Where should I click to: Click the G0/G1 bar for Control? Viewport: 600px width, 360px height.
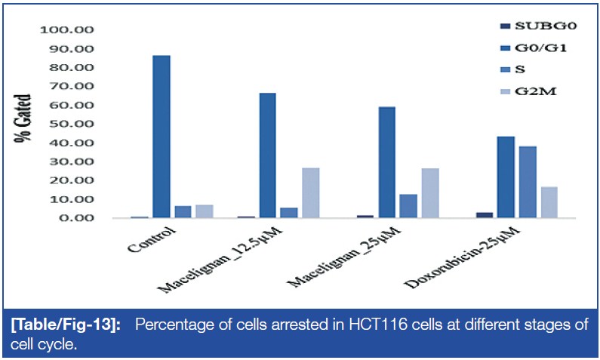pyautogui.click(x=161, y=137)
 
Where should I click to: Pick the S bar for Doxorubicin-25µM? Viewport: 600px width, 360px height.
pyautogui.click(x=528, y=182)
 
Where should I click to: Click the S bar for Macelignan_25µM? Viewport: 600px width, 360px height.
pyautogui.click(x=408, y=206)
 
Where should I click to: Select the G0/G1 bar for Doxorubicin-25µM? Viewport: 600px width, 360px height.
pyautogui.click(x=506, y=177)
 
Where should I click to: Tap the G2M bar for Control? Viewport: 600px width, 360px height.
pyautogui.click(x=204, y=211)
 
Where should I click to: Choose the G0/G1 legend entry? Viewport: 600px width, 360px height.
pyautogui.click(x=531, y=48)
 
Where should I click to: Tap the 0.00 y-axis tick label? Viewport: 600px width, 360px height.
pyautogui.click(x=75, y=218)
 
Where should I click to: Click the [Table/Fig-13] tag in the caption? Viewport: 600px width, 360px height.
pyautogui.click(x=54, y=325)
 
